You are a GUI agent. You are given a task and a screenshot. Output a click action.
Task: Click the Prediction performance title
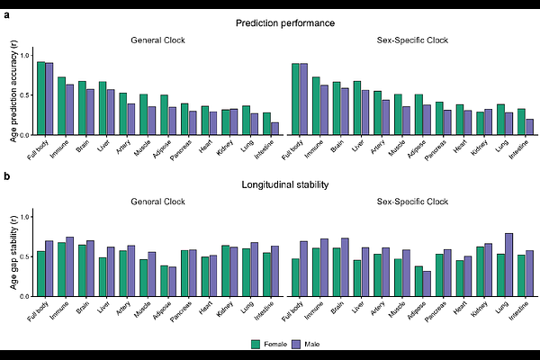click(280, 22)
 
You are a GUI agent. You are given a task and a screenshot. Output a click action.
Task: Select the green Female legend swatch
click(255, 344)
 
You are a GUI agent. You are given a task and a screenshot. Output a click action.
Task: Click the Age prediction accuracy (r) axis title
click(14, 92)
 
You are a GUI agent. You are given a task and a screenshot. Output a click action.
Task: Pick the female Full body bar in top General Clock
click(40, 98)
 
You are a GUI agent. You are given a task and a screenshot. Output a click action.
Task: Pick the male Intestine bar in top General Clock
click(274, 129)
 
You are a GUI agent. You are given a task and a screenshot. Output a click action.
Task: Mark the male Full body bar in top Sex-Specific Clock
click(303, 99)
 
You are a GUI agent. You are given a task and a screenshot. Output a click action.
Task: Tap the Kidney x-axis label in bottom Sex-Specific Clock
click(481, 309)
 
